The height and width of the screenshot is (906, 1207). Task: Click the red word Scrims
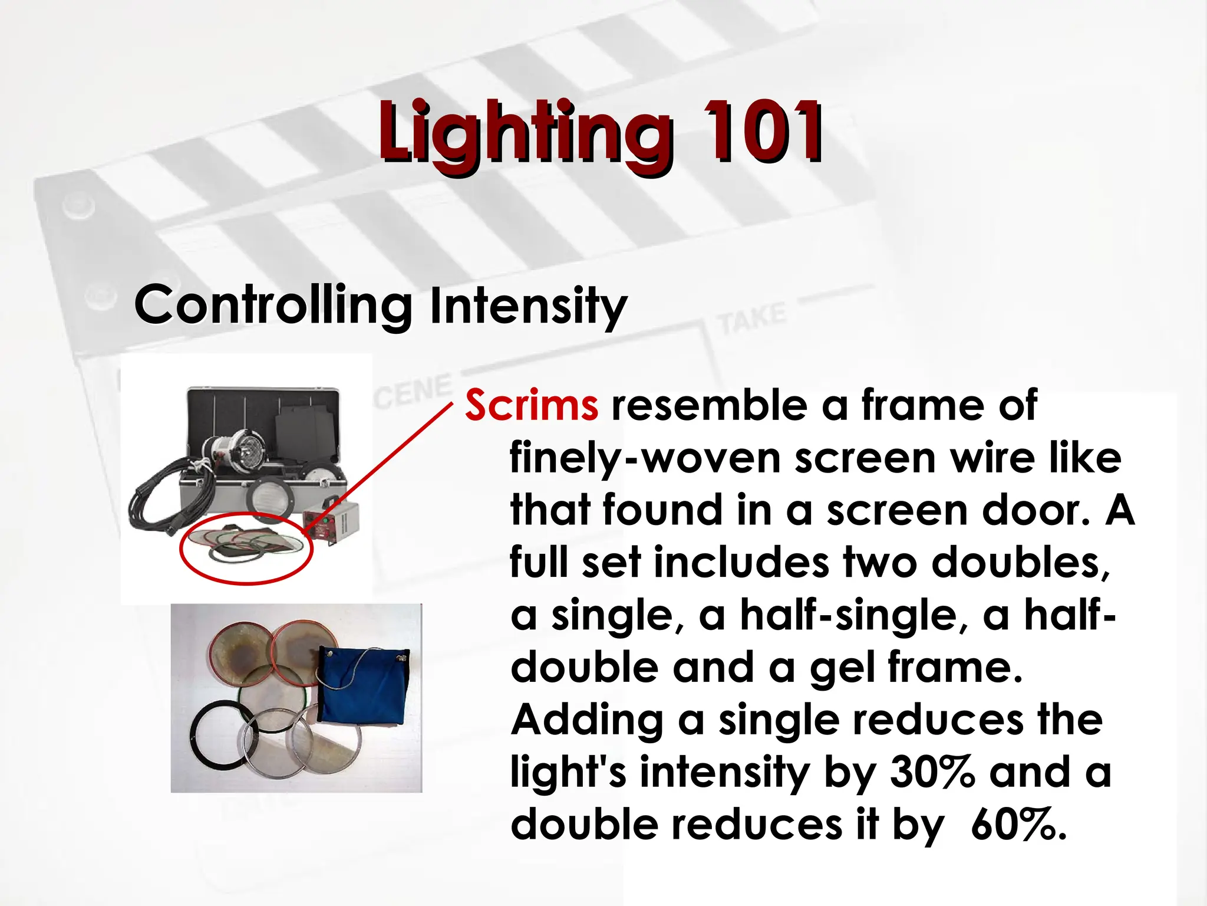pos(532,406)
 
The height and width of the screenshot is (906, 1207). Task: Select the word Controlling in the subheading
pos(273,306)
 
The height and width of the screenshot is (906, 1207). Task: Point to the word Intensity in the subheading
pos(528,307)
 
